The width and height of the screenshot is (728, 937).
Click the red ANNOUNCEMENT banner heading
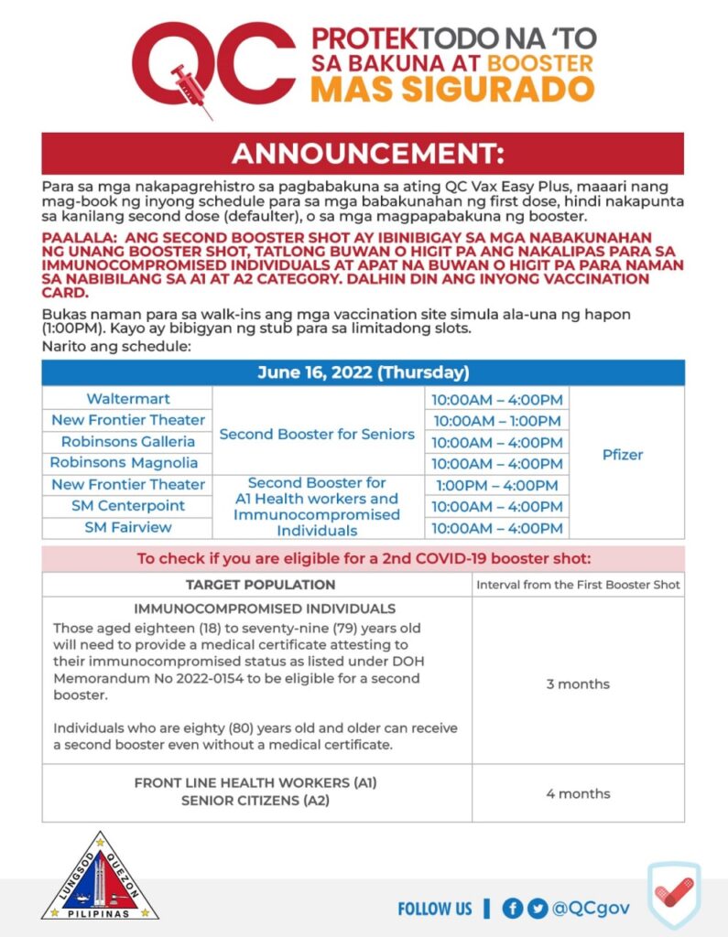click(363, 153)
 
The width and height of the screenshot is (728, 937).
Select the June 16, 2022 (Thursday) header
click(363, 372)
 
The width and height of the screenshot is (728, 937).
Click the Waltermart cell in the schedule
click(128, 399)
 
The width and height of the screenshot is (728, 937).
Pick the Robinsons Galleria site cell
click(128, 441)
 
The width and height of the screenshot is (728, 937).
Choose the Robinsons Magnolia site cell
click(128, 462)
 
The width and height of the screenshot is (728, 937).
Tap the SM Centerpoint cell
click(128, 505)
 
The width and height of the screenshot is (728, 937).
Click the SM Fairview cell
click(128, 527)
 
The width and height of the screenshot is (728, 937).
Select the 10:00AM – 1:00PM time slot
click(496, 421)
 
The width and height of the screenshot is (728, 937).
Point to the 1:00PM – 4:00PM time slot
click(496, 485)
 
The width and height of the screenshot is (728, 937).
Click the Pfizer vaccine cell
click(623, 454)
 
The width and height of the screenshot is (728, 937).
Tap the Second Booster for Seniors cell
click(317, 434)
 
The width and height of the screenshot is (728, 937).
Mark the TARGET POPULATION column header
click(260, 585)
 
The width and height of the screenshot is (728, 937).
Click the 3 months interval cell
click(578, 684)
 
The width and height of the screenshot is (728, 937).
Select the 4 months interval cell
click(578, 793)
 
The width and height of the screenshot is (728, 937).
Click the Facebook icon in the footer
click(513, 908)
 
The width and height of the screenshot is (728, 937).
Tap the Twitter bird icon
click(538, 908)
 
